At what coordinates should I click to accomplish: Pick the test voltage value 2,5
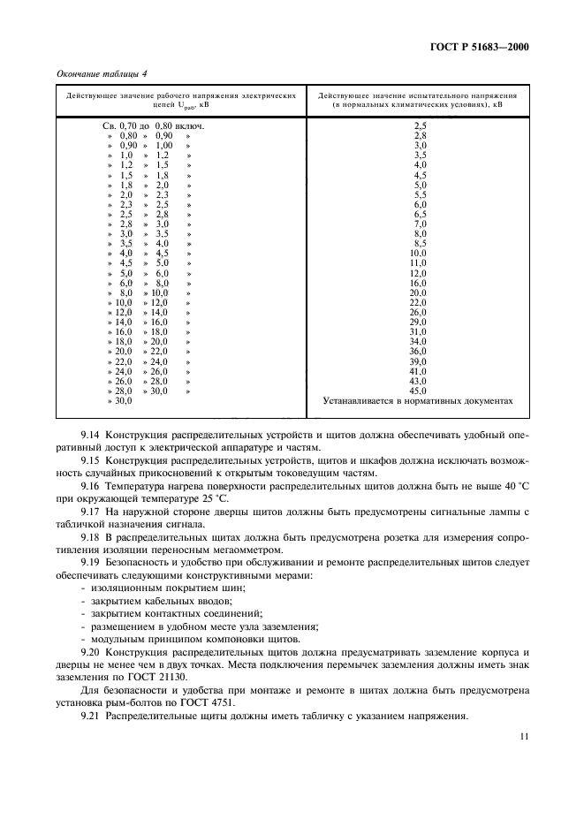[x=421, y=126]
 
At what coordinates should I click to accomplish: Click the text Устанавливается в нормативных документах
[x=419, y=400]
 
